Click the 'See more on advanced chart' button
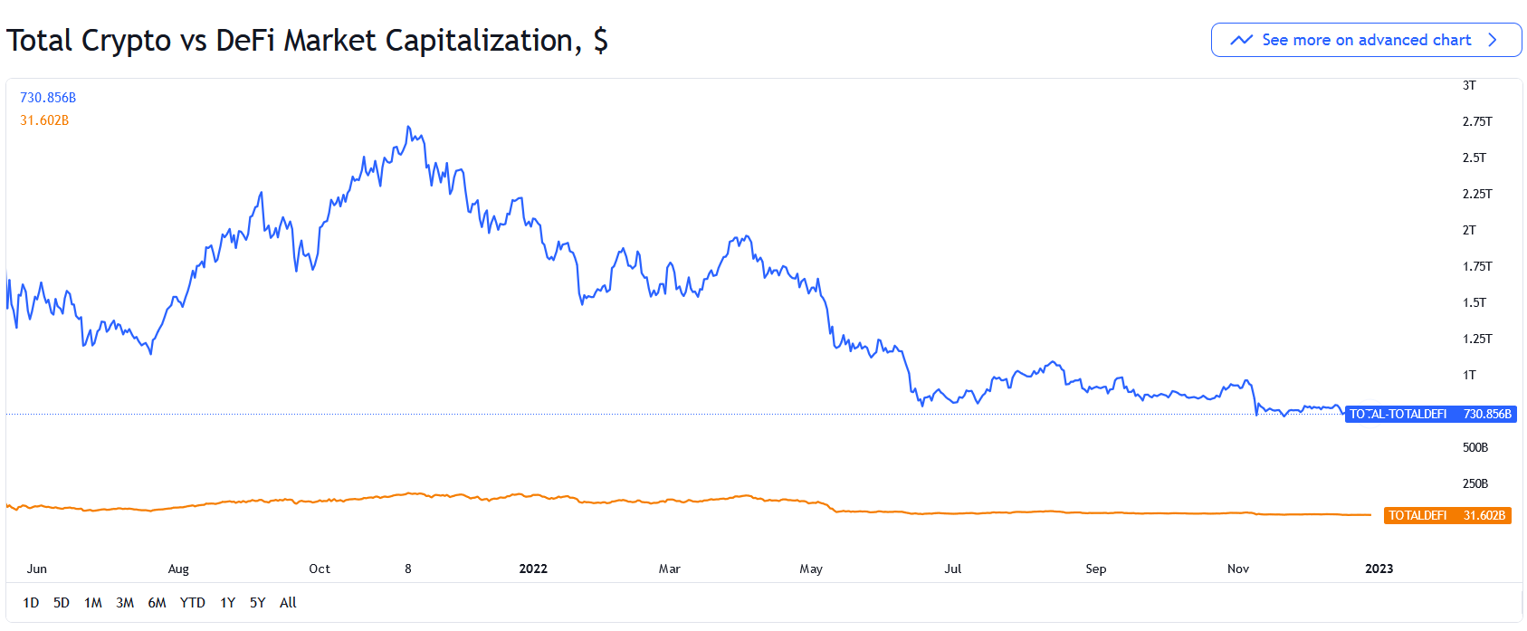click(1366, 40)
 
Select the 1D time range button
click(31, 603)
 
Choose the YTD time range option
click(192, 603)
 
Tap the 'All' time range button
click(288, 603)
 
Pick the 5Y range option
click(257, 603)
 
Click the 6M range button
click(157, 603)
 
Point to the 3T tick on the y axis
click(1469, 85)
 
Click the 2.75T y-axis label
click(1477, 121)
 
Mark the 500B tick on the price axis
click(1475, 447)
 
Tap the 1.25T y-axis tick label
click(1477, 339)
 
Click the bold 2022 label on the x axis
click(533, 569)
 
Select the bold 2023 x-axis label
click(1379, 569)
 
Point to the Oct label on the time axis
click(320, 569)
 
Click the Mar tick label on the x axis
click(669, 569)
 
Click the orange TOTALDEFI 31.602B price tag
click(1447, 515)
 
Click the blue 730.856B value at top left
click(48, 98)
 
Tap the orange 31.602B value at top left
click(44, 120)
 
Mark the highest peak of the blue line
click(409, 127)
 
